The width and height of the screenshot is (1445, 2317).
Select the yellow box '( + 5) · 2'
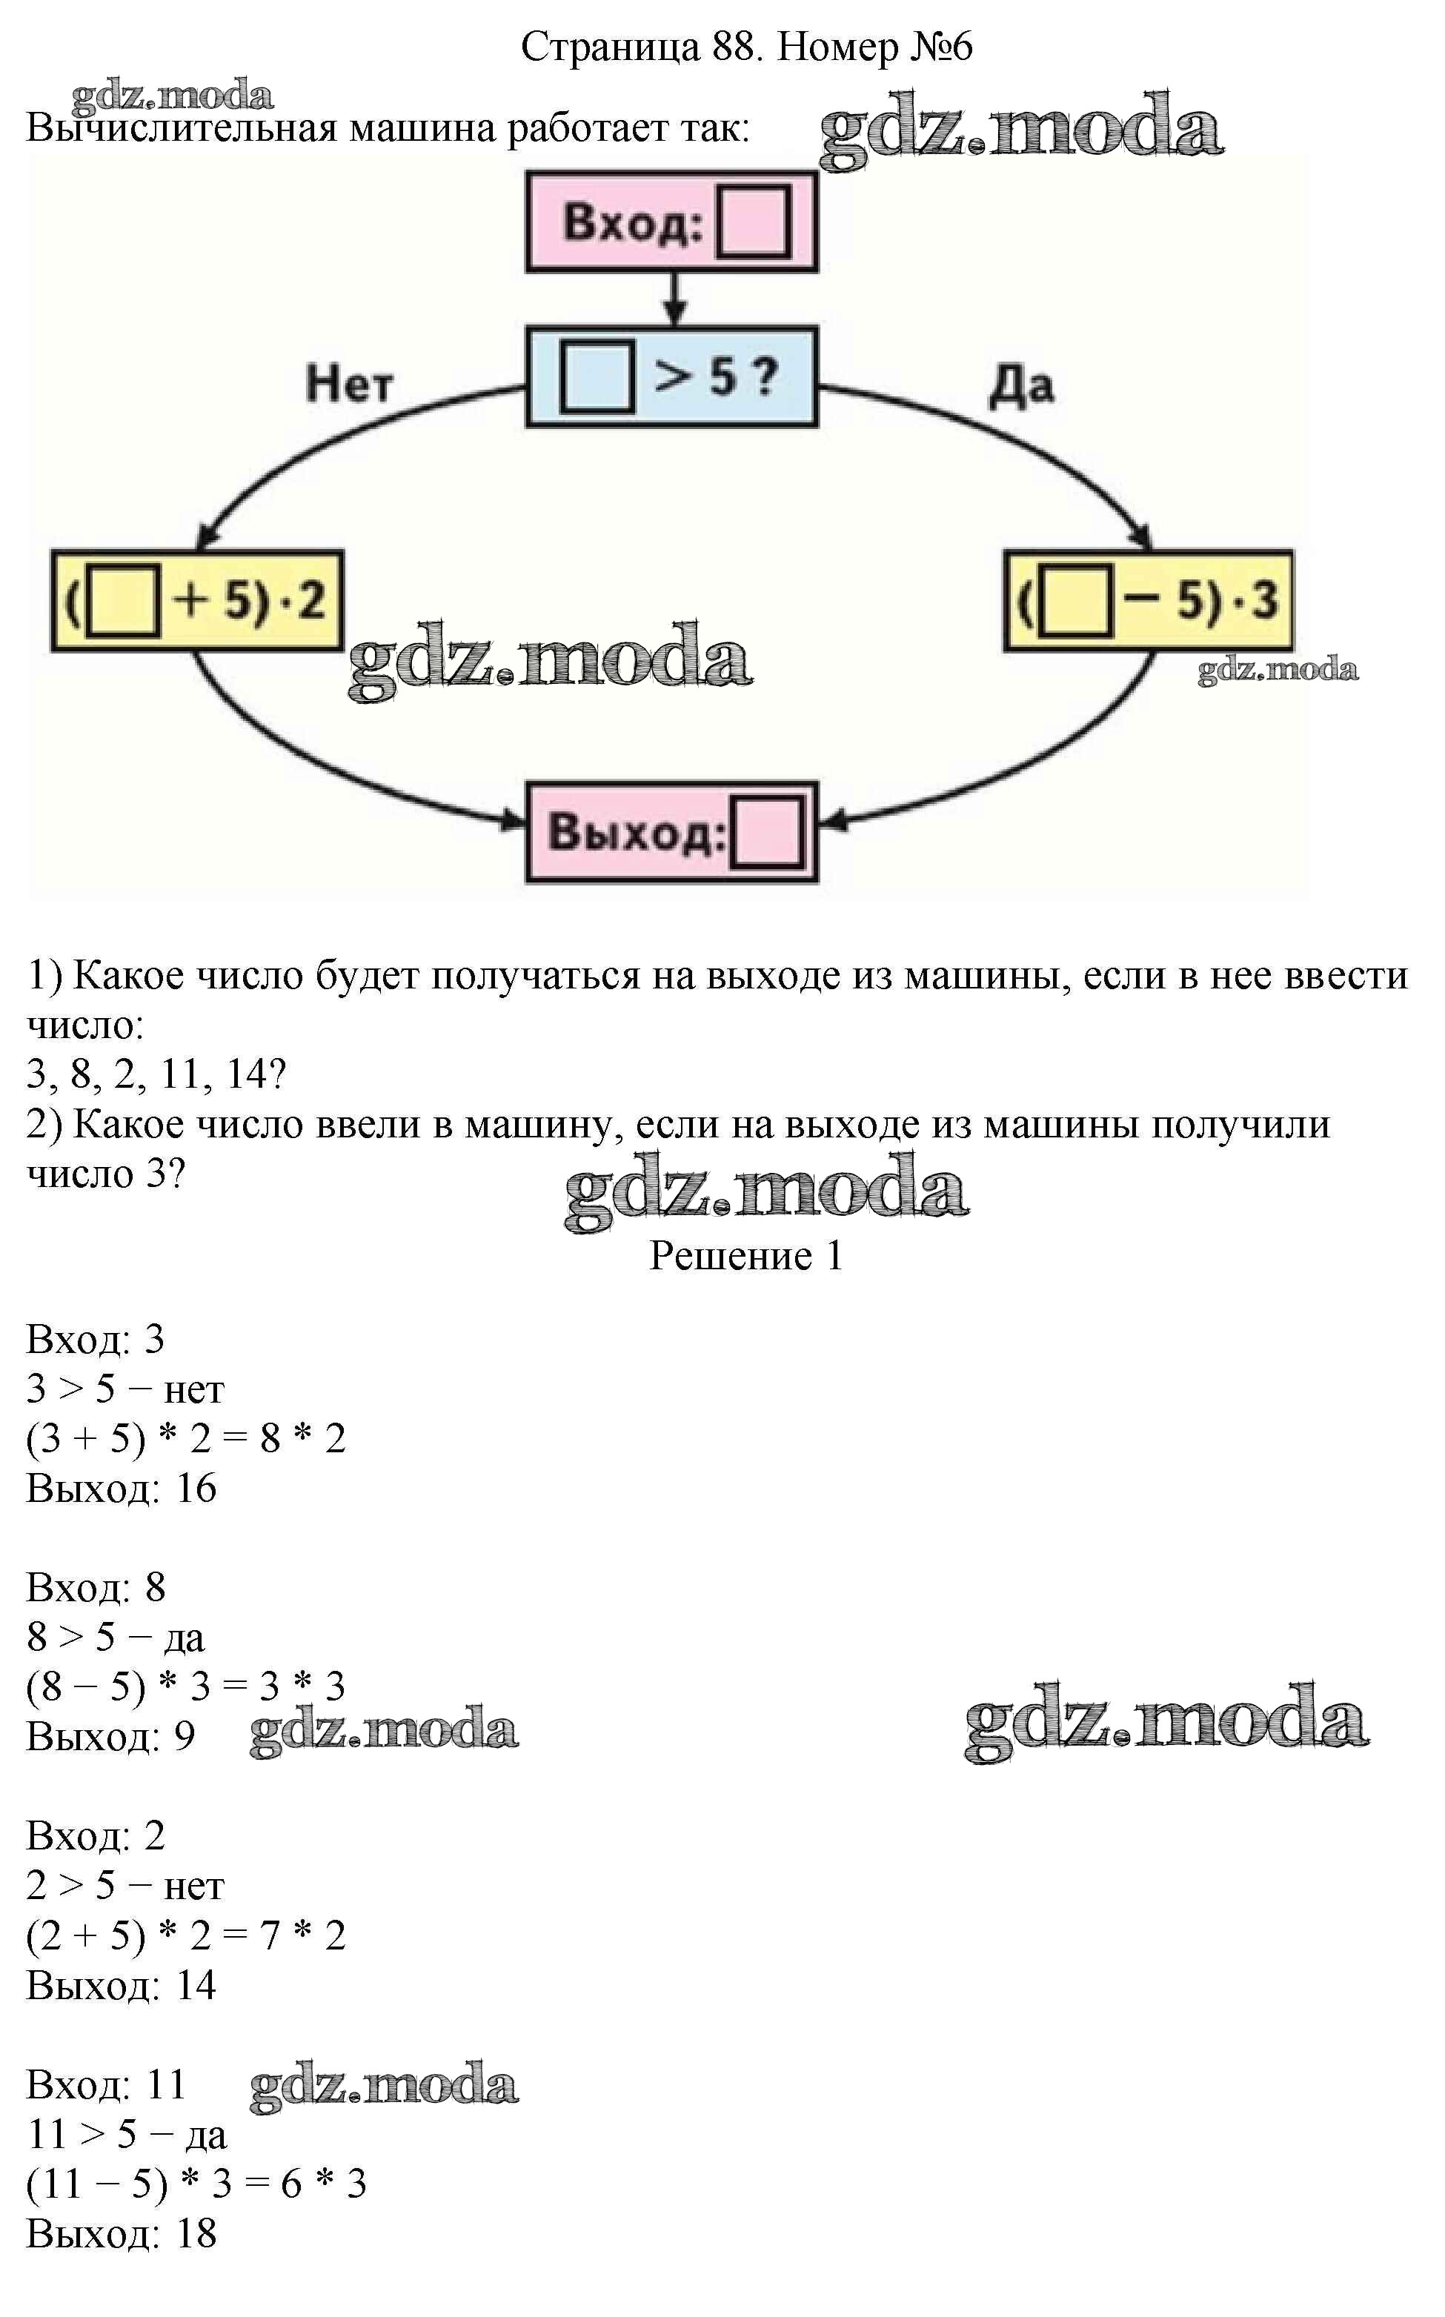(197, 601)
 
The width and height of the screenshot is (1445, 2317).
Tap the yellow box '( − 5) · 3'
(1148, 601)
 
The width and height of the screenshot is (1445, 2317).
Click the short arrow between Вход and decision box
(675, 299)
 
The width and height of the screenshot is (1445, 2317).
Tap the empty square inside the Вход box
(753, 222)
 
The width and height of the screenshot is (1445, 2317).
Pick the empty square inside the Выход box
(766, 833)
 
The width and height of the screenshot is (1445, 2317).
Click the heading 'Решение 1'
(746, 1255)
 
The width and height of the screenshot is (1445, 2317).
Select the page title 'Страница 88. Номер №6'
(746, 46)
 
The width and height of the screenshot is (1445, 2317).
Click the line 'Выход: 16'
(122, 1488)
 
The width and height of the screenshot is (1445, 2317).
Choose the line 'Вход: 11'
(106, 2084)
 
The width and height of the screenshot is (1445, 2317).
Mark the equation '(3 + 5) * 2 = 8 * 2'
(186, 1438)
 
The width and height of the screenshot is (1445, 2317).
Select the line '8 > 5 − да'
(116, 1637)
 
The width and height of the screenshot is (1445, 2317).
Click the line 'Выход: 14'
(122, 1984)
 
